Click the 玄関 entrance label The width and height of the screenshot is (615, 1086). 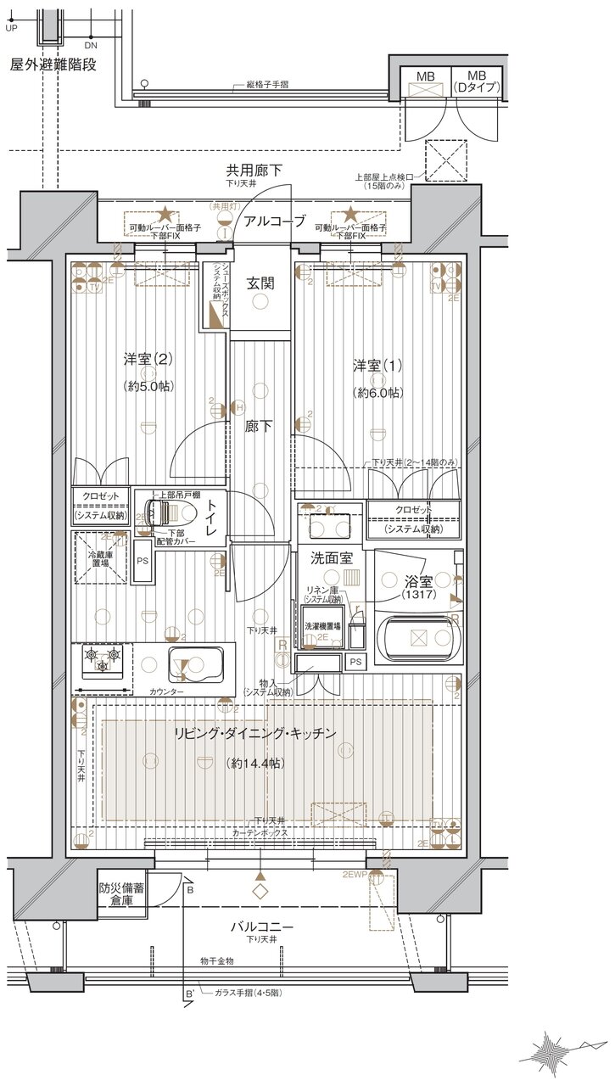260,284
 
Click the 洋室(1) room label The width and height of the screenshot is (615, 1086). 378,366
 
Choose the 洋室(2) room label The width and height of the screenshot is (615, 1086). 148,359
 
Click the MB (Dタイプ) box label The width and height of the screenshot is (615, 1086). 477,82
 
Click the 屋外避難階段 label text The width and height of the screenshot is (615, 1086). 53,64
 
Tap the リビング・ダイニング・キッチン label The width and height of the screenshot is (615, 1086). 255,733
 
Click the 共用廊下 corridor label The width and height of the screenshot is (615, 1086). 254,171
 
